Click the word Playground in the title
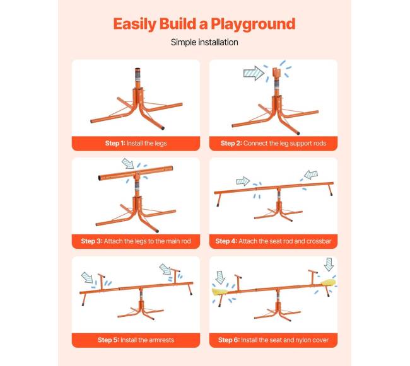tap(253, 25)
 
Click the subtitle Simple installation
tap(204, 42)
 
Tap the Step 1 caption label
tap(136, 144)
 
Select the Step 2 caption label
tap(273, 144)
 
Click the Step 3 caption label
tap(136, 241)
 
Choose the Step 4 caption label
tap(273, 241)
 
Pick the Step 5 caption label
tap(136, 340)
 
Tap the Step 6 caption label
tap(273, 340)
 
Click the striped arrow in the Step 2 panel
tap(254, 73)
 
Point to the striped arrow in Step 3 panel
tap(128, 163)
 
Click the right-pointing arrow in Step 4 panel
tap(243, 181)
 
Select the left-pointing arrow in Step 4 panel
tap(311, 174)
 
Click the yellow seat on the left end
tap(220, 292)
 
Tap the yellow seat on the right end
tap(329, 283)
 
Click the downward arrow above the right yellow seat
tap(329, 264)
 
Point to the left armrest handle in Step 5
tap(101, 280)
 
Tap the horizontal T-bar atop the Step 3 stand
tap(136, 173)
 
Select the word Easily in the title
tap(134, 25)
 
